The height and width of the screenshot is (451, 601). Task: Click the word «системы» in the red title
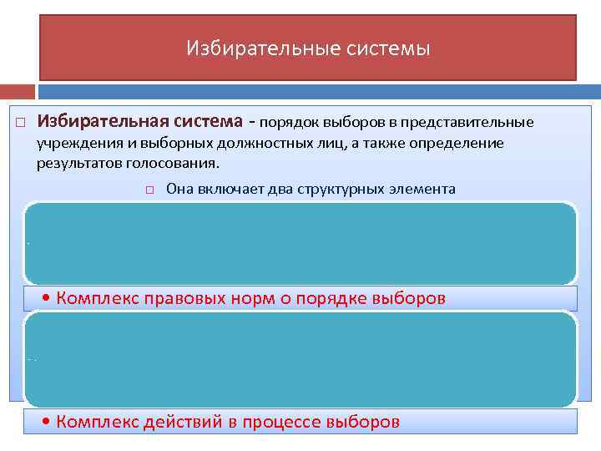pos(391,48)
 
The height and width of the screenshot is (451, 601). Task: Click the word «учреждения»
pos(73,143)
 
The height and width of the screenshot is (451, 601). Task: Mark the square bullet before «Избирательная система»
pos(20,124)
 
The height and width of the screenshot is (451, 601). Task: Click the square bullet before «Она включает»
pos(149,190)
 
